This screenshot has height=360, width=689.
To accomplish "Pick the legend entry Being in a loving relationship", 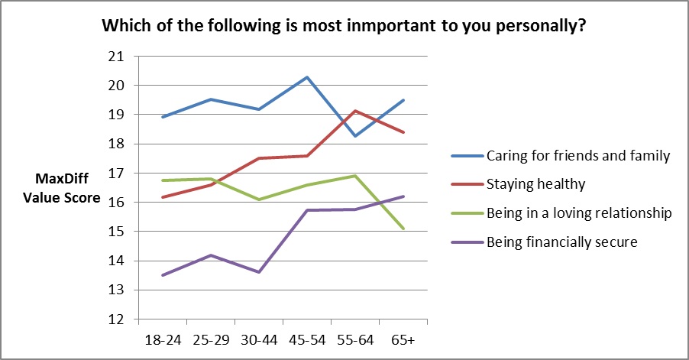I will click(x=578, y=213).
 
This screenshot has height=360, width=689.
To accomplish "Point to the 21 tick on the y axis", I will click(x=116, y=57).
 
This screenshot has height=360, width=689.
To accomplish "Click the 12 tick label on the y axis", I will click(x=116, y=319).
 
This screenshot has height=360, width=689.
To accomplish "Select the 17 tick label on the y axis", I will click(x=116, y=174).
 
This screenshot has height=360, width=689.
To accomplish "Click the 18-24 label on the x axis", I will click(x=161, y=338).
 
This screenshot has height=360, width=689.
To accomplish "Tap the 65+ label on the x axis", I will click(x=403, y=338).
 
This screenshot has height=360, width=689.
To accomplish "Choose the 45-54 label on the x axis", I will click(x=306, y=338).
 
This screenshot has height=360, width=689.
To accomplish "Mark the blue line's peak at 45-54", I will click(x=307, y=77).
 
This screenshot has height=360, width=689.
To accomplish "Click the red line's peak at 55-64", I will click(x=355, y=111).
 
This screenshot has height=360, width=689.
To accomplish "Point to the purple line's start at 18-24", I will click(x=162, y=275).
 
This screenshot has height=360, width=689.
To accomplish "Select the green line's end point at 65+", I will click(x=403, y=229).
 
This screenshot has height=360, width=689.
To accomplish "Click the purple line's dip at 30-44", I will click(x=258, y=272).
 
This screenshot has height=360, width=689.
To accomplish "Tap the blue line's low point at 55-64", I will click(x=355, y=136).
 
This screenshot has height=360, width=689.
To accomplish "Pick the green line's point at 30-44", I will click(x=258, y=199).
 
